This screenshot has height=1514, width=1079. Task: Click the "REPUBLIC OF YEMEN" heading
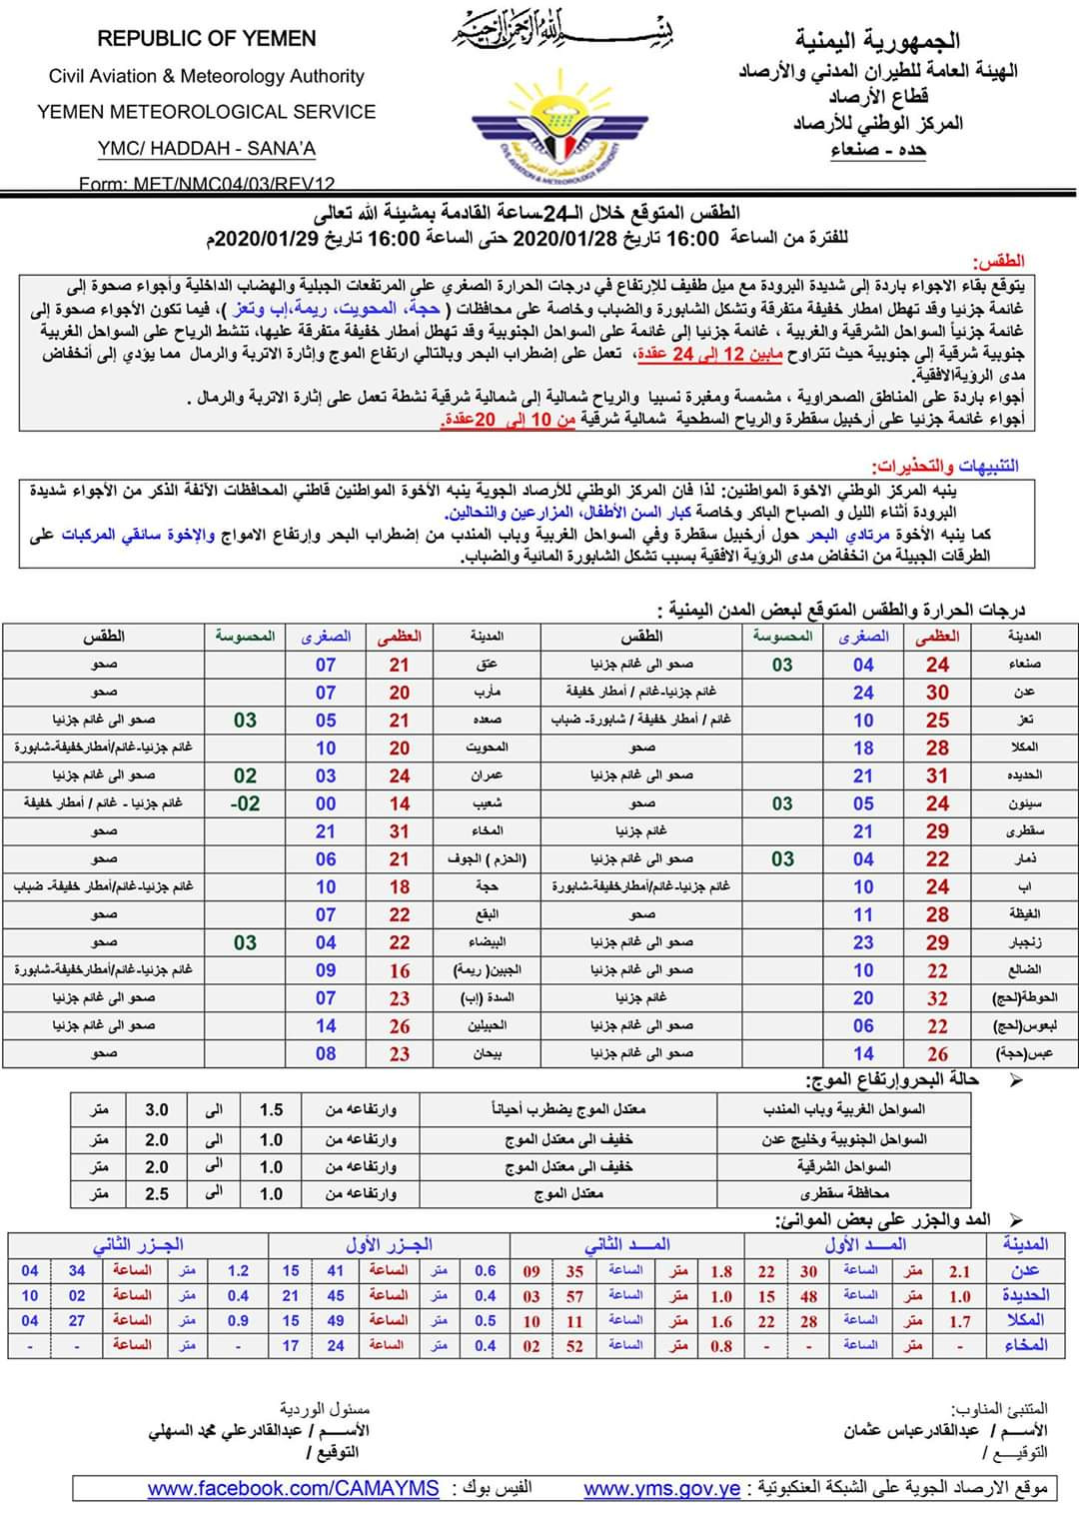pos(207,39)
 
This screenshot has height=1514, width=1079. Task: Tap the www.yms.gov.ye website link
pos(661,1488)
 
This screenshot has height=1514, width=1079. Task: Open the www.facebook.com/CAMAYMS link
pos(293,1488)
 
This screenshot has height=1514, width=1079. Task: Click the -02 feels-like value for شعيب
pos(245,803)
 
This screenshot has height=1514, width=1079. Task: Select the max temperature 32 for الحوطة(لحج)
pos(937,998)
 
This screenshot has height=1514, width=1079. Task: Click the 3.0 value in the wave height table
pos(157,1110)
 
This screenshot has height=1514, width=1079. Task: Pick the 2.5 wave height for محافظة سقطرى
pos(157,1194)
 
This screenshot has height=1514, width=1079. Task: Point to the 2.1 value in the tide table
pos(960,1272)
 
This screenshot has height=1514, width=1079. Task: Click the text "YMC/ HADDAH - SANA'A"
pos(207,149)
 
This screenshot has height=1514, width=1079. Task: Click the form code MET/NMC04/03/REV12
pos(207,184)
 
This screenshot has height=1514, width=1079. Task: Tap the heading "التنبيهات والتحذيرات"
pos(945,466)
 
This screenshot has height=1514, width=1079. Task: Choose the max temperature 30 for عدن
pos(937,693)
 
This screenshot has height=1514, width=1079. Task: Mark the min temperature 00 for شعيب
pos(326,803)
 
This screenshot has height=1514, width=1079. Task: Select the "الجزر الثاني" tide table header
pos(138,1245)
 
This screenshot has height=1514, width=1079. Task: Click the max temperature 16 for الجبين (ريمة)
pos(400,970)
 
